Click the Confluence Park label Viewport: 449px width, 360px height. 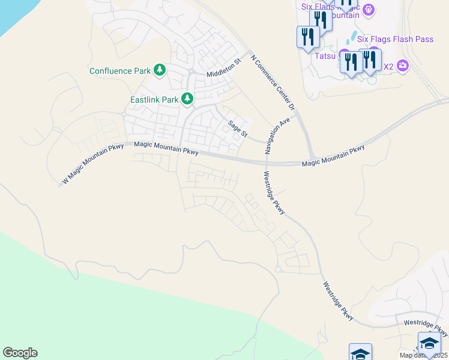[120, 71]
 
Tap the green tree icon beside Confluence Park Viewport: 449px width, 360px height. [160, 70]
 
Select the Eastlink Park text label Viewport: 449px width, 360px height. [154, 100]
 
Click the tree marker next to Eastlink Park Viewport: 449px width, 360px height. [188, 98]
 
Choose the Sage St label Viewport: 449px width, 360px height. [238, 128]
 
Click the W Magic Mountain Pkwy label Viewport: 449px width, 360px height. [93, 163]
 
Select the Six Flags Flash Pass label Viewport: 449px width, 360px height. [395, 40]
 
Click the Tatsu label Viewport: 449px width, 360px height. [325, 56]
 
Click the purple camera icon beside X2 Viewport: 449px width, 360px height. [402, 65]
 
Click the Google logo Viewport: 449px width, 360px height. [20, 353]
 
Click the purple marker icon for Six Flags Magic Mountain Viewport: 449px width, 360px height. [369, 9]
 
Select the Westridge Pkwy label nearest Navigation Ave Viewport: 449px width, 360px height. [274, 193]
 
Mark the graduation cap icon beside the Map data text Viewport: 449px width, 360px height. [429, 344]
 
